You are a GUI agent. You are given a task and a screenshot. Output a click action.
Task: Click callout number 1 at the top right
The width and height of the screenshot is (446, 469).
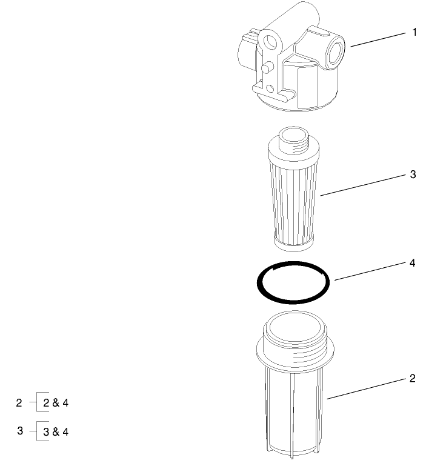point(414,32)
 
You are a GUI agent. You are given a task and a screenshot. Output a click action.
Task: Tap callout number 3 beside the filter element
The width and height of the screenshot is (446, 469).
point(413,175)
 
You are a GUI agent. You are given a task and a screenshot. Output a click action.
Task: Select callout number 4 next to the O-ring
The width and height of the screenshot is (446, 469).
point(413,264)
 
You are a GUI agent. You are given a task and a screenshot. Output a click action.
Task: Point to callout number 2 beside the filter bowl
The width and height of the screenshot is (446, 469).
point(413,379)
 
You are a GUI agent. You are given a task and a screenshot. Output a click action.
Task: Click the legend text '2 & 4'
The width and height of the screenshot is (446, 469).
point(56,402)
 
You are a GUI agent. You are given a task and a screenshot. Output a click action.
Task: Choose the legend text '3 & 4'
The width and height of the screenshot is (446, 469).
point(56,431)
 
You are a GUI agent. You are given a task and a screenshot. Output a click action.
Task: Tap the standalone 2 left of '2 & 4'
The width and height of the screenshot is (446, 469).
point(19,402)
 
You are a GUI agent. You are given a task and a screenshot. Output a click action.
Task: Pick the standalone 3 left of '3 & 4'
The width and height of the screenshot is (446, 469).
point(19,431)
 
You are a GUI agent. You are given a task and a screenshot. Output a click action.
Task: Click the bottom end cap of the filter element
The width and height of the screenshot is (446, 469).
point(293,244)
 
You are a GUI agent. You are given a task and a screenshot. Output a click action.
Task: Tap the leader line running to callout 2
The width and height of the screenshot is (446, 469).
point(366,388)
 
